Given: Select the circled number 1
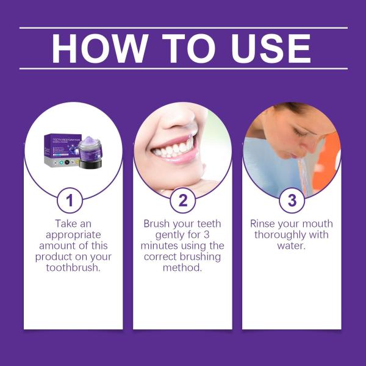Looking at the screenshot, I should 73,200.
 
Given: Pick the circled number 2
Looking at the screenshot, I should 183,200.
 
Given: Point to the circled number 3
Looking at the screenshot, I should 292,200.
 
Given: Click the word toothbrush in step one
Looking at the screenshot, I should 73,268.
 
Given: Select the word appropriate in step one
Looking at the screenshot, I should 73,235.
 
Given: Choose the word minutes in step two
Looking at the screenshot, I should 165,246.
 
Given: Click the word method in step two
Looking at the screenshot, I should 183,268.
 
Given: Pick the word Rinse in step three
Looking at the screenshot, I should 267,224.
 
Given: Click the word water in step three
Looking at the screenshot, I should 290,246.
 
